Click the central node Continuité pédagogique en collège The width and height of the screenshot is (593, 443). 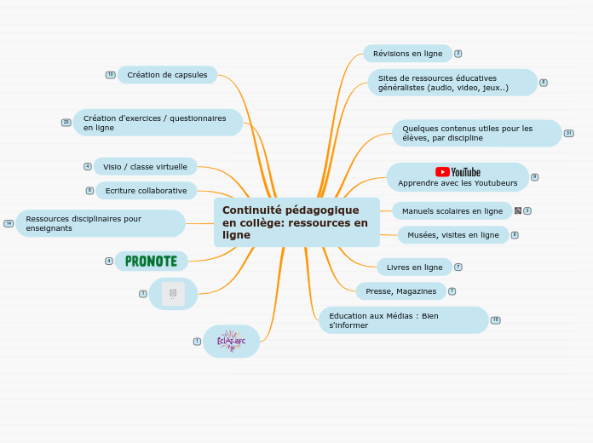(296, 222)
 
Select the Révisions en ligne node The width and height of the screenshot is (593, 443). (407, 54)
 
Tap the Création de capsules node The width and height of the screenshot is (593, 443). (167, 75)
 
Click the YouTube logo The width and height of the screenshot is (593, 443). (458, 172)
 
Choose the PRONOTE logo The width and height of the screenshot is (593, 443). (151, 261)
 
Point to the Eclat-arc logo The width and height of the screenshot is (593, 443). (231, 342)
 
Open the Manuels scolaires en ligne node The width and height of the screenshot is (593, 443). (452, 210)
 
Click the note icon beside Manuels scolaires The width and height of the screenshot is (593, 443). (518, 210)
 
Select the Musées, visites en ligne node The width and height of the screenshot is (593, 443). (452, 235)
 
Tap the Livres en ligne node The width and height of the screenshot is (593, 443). (414, 268)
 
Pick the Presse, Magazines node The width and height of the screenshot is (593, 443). (400, 291)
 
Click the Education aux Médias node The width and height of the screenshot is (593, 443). (403, 320)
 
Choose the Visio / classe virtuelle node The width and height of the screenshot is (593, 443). (145, 167)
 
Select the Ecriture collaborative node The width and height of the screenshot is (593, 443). (146, 191)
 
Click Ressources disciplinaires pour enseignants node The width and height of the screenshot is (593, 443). (100, 223)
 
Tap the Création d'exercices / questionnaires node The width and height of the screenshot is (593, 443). (158, 123)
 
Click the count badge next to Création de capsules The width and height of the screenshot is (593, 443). (110, 75)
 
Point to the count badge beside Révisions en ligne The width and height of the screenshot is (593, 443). (458, 54)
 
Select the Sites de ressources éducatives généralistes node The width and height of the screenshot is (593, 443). (452, 83)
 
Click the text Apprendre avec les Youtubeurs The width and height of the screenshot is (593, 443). (458, 183)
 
